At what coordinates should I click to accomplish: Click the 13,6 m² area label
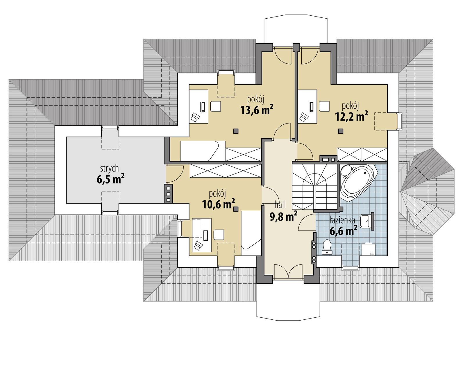pyautogui.click(x=256, y=110)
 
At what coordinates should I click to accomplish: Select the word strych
pyautogui.click(x=109, y=168)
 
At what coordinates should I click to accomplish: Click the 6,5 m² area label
pyautogui.click(x=110, y=179)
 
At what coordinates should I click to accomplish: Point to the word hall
pyautogui.click(x=280, y=205)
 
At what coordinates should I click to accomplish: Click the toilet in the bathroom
pyautogui.click(x=328, y=247)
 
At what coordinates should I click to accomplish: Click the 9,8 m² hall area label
pyautogui.click(x=283, y=217)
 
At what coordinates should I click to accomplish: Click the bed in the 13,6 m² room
pyautogui.click(x=203, y=151)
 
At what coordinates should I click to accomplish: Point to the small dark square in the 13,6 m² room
pyautogui.click(x=236, y=131)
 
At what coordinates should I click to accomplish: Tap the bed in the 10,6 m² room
pyautogui.click(x=251, y=233)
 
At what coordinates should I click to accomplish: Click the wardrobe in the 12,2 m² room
pyautogui.click(x=362, y=154)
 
